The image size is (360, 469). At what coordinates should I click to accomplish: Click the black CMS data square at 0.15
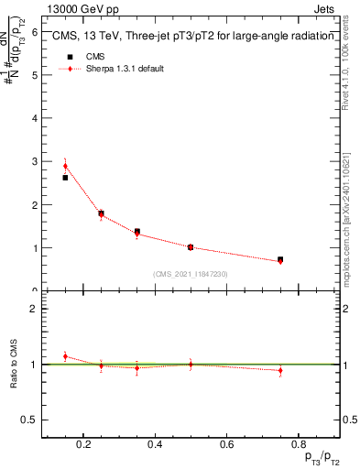65,178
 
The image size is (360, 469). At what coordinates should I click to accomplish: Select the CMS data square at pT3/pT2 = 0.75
280,260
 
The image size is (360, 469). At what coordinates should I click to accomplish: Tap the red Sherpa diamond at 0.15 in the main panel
65,167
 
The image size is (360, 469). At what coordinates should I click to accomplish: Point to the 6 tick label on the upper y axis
34,32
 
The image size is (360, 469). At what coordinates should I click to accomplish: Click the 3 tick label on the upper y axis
34,161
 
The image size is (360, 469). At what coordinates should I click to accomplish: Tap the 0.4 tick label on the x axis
155,445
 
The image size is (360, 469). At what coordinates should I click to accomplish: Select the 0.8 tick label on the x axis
298,445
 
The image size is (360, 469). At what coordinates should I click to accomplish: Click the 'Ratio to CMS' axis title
14,364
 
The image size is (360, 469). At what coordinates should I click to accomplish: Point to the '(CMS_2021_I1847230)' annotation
191,274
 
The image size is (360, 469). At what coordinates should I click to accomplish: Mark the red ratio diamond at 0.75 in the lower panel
280,371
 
